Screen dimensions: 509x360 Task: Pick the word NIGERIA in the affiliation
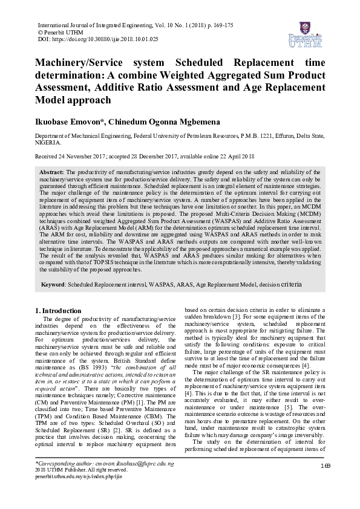[x=47, y=143]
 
